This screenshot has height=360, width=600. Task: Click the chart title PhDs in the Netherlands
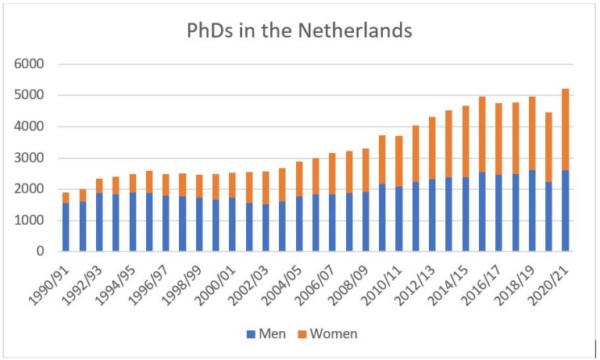point(299,30)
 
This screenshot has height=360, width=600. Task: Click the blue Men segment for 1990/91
point(66,227)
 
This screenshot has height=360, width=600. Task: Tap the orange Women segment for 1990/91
point(66,198)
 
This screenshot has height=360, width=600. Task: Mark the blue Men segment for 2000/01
point(233,224)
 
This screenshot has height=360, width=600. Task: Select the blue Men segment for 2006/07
point(333,223)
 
